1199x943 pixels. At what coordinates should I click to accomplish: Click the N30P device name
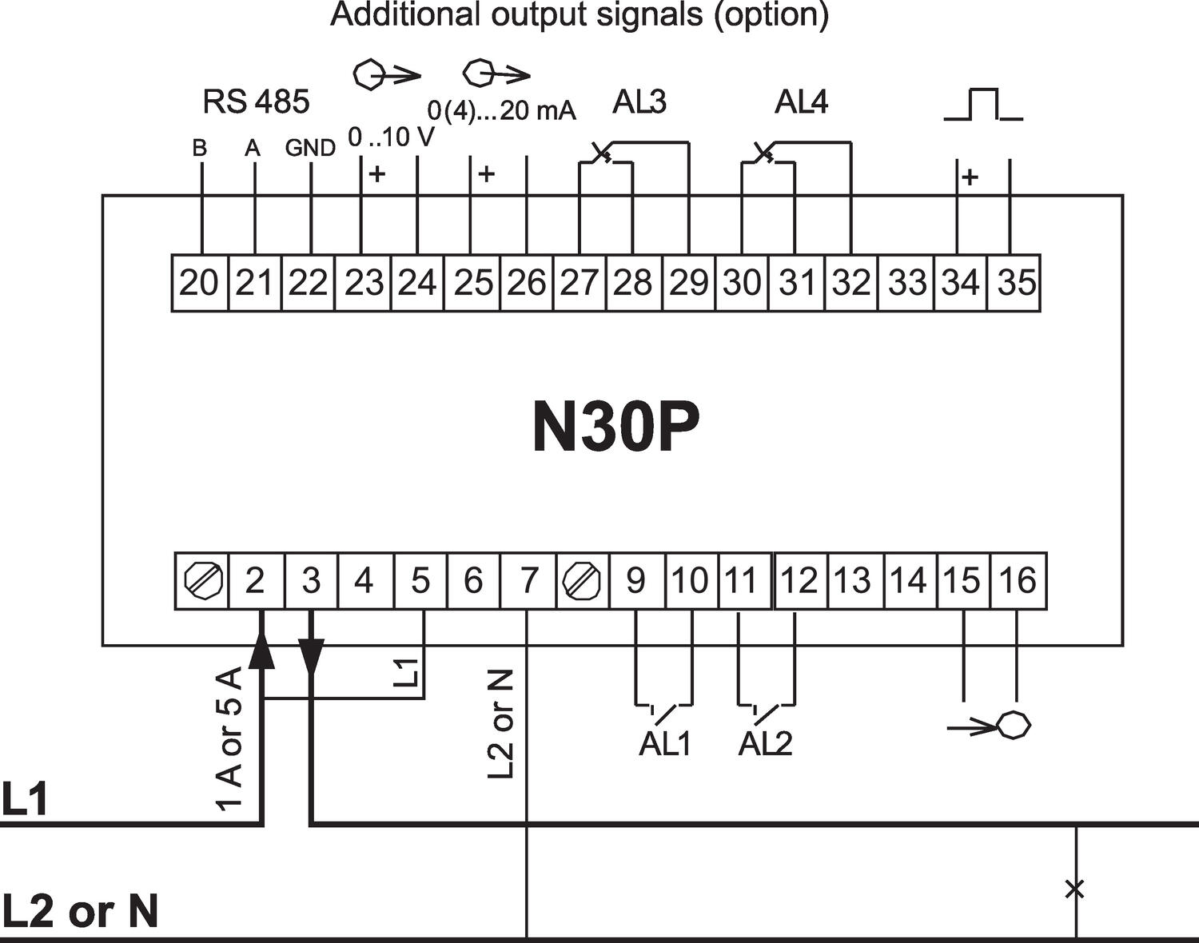coord(615,428)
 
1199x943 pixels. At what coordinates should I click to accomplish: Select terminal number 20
coord(199,283)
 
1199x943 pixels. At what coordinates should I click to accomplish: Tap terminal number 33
coord(907,283)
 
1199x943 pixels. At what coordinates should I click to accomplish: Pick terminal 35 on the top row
coord(1016,283)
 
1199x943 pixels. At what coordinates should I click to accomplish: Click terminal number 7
coord(528,580)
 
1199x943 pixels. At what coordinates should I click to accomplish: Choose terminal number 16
coord(1017,580)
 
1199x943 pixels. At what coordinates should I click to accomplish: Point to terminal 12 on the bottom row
coord(799,580)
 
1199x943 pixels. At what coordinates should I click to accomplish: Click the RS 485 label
coord(256,101)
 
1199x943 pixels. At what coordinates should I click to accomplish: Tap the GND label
coord(310,148)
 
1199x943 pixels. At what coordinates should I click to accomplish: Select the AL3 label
coord(639,102)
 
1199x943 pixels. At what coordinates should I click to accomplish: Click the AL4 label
coord(801,102)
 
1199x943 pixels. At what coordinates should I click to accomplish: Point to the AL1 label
coord(664,744)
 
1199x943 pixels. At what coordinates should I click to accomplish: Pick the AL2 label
coord(765,744)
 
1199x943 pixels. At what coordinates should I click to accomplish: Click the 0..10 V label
coord(391,137)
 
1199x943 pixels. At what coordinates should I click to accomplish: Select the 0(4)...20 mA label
coord(501,110)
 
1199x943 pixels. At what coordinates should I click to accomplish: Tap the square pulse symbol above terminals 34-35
coord(982,105)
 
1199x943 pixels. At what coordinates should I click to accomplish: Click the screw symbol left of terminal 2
coord(201,580)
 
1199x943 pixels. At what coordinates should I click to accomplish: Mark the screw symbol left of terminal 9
coord(582,580)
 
